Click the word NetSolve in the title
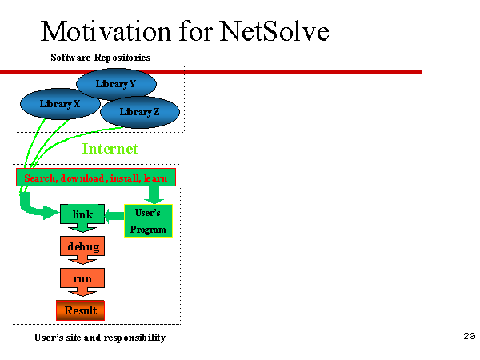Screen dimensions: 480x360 tap(274, 30)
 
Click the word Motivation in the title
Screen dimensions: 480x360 tap(106, 30)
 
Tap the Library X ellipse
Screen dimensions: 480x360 tap(60, 104)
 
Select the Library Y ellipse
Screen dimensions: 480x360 tap(116, 84)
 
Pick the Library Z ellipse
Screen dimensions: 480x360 tap(139, 112)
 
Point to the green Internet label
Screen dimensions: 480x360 tap(110, 149)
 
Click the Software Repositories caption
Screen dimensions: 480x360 tap(101, 58)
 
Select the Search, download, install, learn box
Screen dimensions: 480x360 tap(96, 178)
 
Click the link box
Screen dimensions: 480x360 tap(82, 214)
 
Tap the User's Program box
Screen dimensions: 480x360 tap(148, 221)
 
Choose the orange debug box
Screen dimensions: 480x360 tap(82, 246)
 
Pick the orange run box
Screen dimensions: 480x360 tap(82, 278)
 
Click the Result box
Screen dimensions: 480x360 tap(80, 310)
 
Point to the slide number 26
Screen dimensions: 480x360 tap(469, 336)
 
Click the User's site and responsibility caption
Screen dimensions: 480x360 tap(100, 338)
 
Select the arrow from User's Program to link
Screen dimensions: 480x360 tap(114, 216)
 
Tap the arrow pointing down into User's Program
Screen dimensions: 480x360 tap(154, 195)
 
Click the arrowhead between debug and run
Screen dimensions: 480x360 tap(82, 260)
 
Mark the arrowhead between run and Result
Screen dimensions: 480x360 tap(82, 292)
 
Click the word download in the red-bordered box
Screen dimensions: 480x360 tap(83, 178)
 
